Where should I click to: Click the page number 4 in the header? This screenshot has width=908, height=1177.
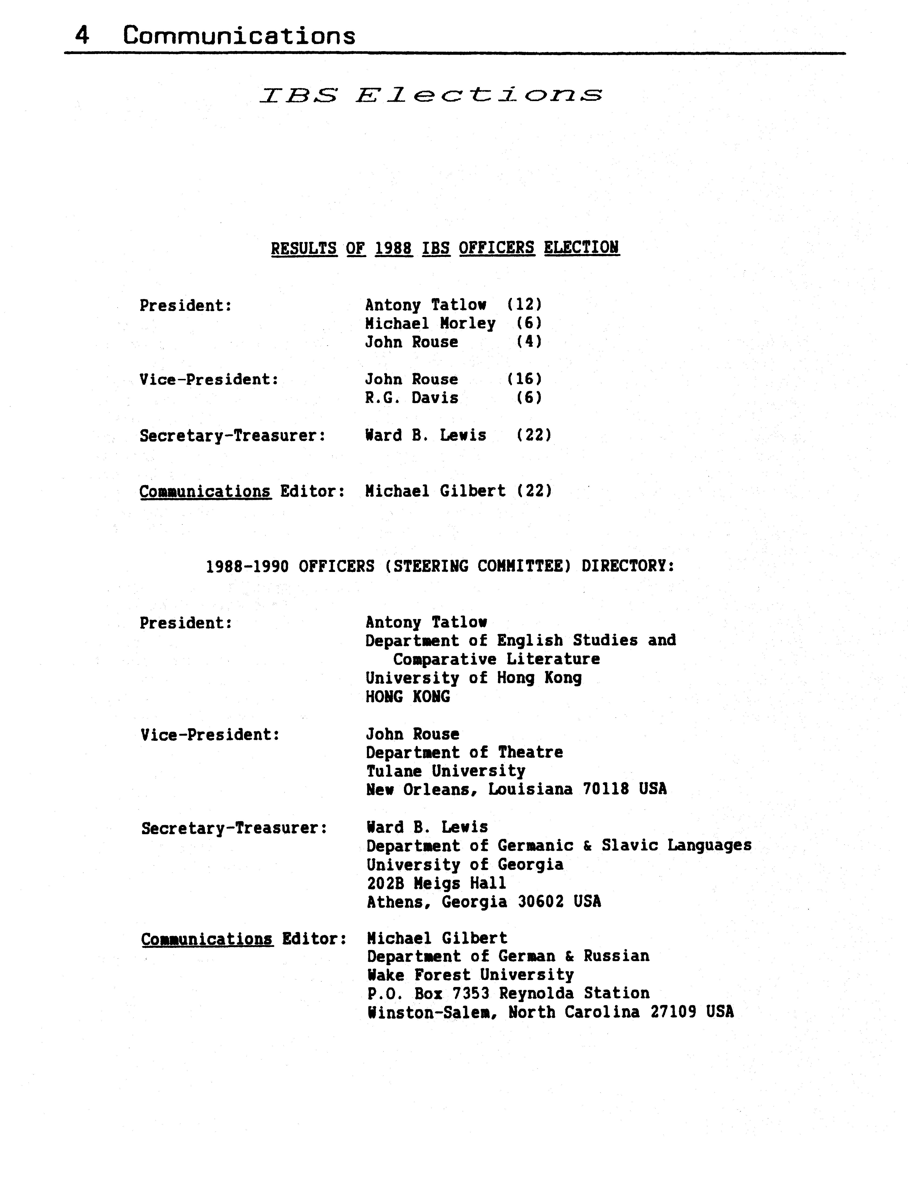[82, 36]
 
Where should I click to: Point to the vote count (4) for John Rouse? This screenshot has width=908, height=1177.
[529, 342]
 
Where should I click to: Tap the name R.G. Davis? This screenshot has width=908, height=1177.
[412, 398]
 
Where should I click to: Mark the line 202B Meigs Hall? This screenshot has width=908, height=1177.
[437, 883]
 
